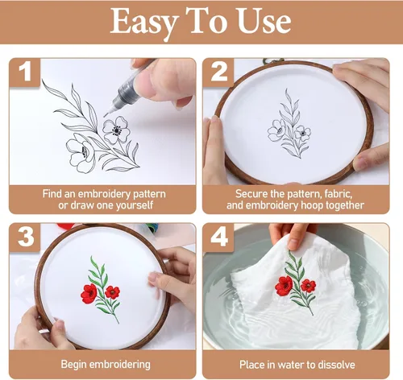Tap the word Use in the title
coord(264,21)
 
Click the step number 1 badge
coord(25,72)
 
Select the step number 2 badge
coord(218,72)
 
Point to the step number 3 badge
coord(26,237)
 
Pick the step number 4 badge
coord(219,237)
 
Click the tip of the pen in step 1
coord(105,116)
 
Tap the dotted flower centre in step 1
coord(117,130)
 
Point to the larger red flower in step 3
coord(89,294)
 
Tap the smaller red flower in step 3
coord(112,292)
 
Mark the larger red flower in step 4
coord(284,286)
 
